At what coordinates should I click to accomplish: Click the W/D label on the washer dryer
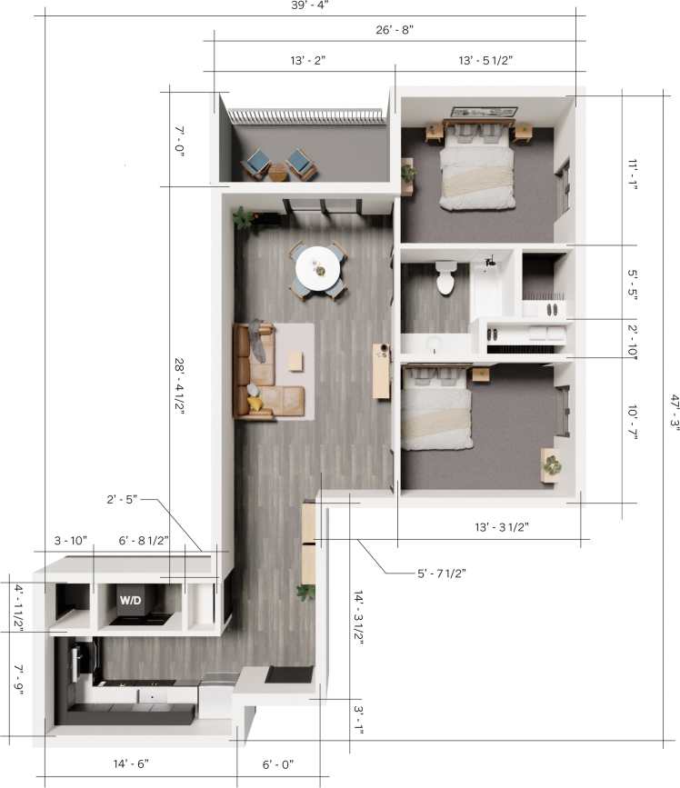pos(129,601)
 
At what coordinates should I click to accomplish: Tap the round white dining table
pos(320,269)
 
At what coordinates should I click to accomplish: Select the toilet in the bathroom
pos(445,279)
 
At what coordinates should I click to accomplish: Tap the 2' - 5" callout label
pos(123,499)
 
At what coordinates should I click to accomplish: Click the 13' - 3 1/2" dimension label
pos(502,526)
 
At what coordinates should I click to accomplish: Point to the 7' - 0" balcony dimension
pos(178,142)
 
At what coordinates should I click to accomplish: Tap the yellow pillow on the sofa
pos(256,402)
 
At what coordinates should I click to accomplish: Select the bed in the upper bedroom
pos(478,168)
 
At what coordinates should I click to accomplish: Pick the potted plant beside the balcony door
pos(244,217)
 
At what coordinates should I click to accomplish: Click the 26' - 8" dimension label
pos(395,29)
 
